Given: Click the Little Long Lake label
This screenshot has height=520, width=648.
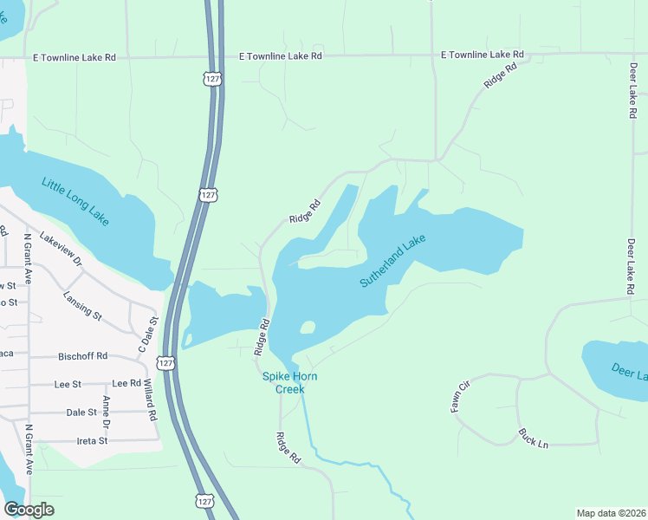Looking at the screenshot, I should click(x=75, y=200).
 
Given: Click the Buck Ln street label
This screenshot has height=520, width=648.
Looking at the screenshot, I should click(x=533, y=438).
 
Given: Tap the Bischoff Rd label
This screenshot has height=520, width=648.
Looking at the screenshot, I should click(x=82, y=355).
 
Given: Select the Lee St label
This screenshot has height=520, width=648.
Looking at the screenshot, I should click(x=68, y=383).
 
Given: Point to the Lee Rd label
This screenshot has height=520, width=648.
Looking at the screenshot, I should click(x=126, y=383).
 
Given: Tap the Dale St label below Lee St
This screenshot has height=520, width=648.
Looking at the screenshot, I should click(x=82, y=413).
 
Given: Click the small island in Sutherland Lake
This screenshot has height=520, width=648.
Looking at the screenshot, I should click(x=307, y=328).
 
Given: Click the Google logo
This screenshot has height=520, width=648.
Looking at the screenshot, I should click(x=29, y=510).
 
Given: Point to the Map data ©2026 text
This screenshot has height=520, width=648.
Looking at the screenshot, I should click(x=611, y=512).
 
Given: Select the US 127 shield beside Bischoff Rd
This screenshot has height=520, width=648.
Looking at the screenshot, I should click(x=167, y=363).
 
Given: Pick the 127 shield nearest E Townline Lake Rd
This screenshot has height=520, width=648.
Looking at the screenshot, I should click(x=212, y=79).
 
